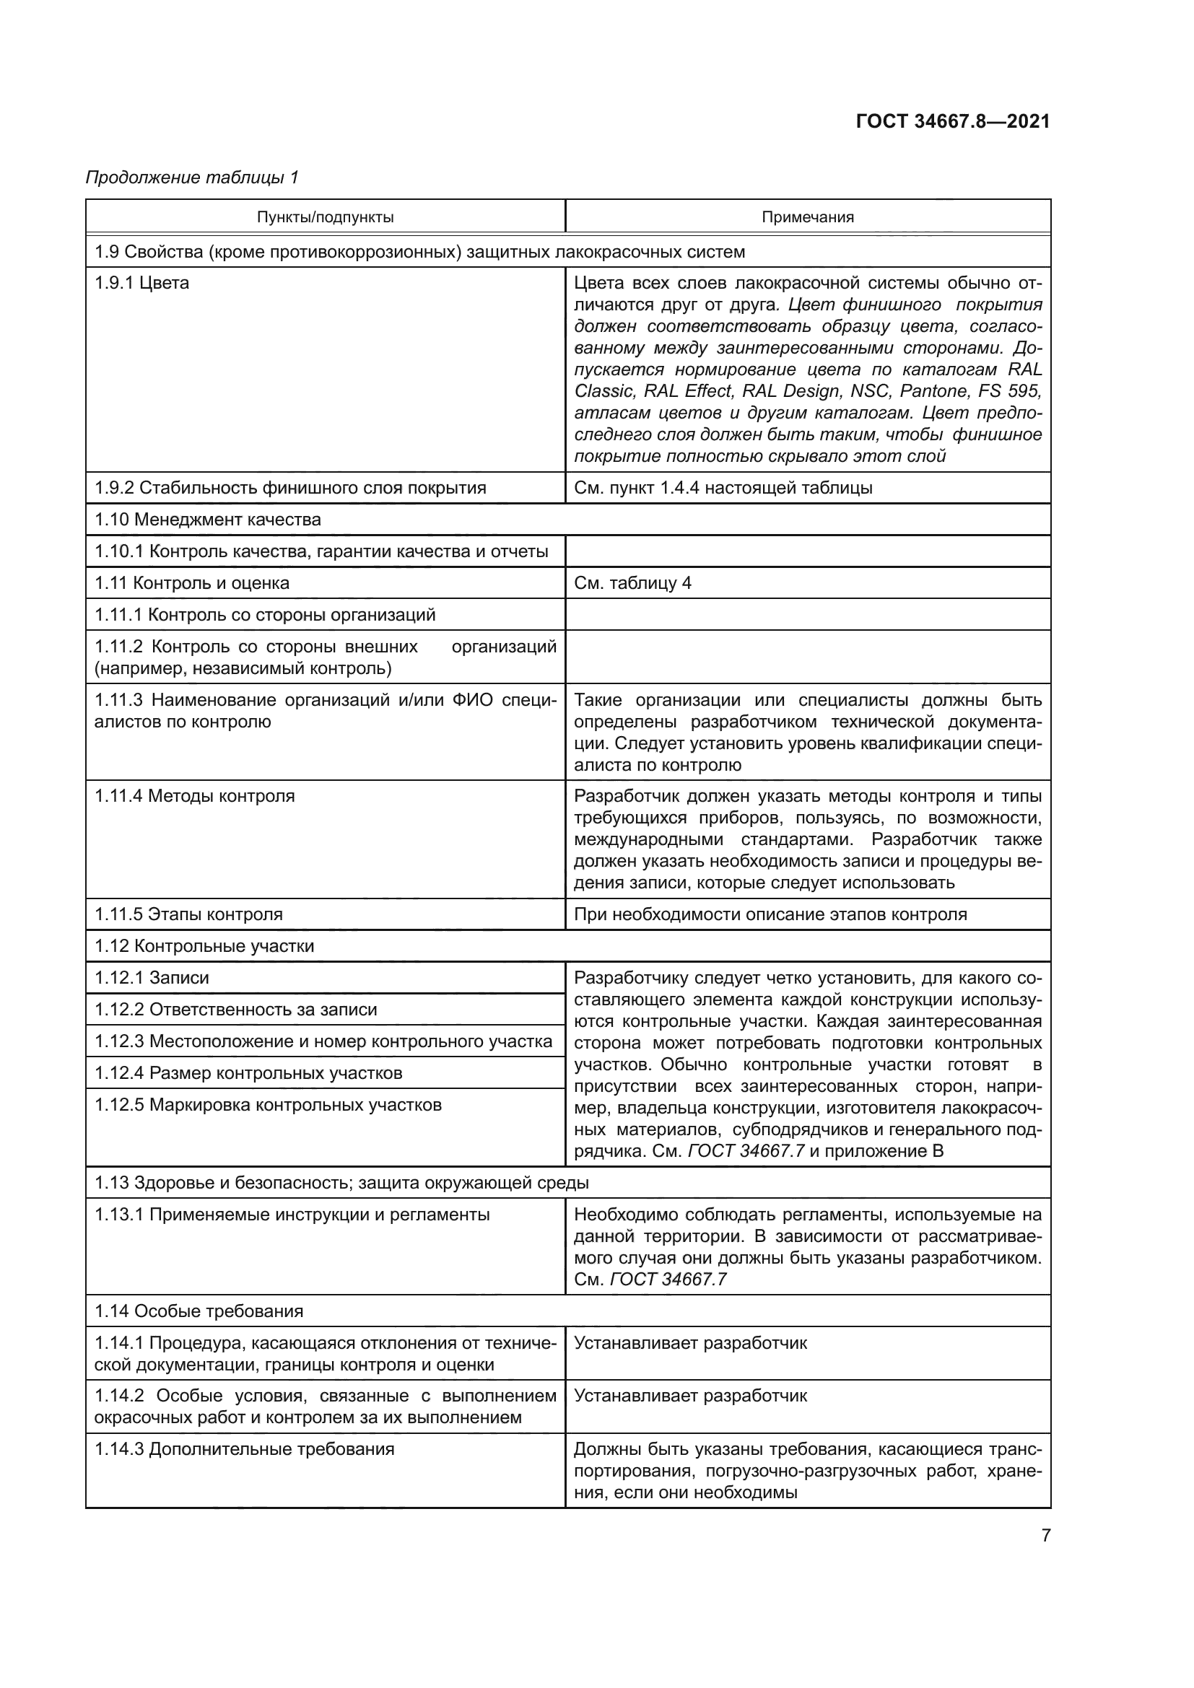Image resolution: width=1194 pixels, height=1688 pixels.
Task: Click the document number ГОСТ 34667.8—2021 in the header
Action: [x=952, y=121]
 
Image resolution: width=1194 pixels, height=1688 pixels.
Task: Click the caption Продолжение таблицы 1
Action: [x=193, y=178]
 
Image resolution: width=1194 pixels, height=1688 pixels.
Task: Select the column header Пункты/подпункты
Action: [x=325, y=217]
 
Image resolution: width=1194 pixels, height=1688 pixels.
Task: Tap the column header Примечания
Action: [x=807, y=217]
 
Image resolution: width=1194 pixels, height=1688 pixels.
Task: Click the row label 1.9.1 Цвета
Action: [x=141, y=283]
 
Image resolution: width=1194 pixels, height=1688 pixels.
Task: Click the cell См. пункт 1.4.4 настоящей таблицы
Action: [x=723, y=488]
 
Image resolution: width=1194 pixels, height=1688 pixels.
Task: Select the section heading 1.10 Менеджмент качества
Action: [x=207, y=520]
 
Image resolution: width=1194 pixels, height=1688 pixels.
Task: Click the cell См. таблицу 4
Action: [x=632, y=583]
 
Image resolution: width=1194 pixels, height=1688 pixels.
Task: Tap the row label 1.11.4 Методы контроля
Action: [x=194, y=796]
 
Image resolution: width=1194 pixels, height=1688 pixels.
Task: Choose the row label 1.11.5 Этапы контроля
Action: [x=188, y=914]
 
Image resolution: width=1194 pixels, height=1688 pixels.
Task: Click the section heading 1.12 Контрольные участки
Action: [x=204, y=946]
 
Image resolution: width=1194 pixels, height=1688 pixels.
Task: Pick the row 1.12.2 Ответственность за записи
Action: [x=235, y=1010]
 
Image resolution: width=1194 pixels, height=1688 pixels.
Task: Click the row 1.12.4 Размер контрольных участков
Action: [x=248, y=1072]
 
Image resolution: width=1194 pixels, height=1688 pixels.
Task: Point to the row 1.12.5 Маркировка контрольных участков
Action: [x=268, y=1105]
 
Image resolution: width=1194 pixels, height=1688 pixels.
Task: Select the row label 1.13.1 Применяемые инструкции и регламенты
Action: [x=292, y=1215]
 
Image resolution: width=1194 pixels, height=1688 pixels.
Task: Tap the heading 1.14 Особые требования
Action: [x=199, y=1311]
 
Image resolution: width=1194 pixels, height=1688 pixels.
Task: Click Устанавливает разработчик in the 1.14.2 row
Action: [x=689, y=1396]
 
